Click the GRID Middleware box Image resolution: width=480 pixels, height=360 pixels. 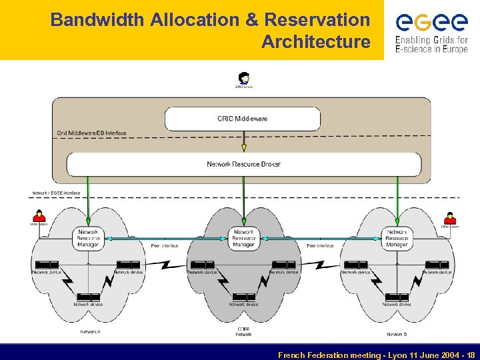[x=243, y=119]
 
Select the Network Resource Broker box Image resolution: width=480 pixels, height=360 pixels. [x=243, y=164]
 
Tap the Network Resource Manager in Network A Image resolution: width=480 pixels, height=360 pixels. [x=88, y=238]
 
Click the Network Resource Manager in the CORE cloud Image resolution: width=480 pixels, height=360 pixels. [x=243, y=238]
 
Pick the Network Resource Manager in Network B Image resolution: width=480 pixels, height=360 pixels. [x=397, y=238]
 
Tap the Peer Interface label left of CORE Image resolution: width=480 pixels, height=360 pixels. [x=165, y=246]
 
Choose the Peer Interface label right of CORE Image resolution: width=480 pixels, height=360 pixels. [x=320, y=246]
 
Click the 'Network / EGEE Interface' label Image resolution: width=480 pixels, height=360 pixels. [x=56, y=193]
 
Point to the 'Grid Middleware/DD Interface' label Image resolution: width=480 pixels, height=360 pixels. [x=91, y=133]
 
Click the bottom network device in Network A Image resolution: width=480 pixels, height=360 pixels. [x=88, y=297]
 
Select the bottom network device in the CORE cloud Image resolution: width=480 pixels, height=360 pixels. [x=243, y=297]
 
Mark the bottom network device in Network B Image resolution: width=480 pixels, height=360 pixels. [x=397, y=297]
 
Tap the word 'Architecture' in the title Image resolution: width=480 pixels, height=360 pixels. [x=315, y=42]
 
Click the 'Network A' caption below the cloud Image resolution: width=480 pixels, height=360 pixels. [x=91, y=331]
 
